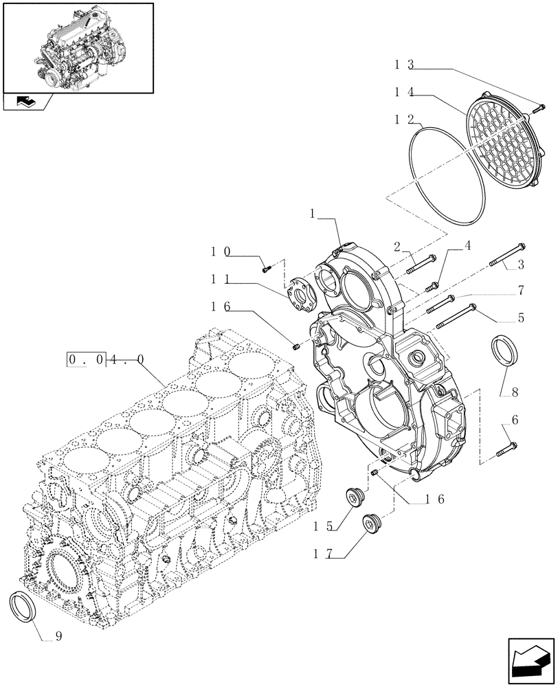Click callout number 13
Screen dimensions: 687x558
(403, 65)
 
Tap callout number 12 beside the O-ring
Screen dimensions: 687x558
(403, 118)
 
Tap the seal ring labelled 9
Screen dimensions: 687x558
(26, 607)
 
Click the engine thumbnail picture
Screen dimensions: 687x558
(77, 46)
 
